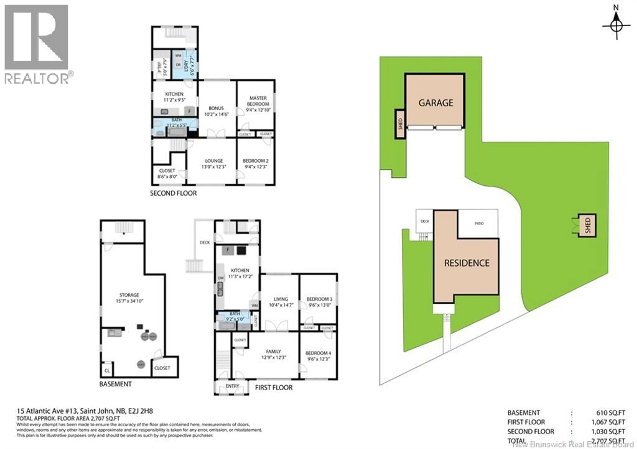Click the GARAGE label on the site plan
click(436, 103)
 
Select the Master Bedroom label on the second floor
click(258, 101)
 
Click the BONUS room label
click(216, 108)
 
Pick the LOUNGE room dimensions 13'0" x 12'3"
click(214, 167)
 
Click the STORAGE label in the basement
click(129, 295)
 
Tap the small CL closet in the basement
click(107, 371)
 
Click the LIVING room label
click(281, 299)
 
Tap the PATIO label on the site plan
click(479, 223)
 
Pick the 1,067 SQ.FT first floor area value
click(608, 422)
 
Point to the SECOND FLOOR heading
click(173, 193)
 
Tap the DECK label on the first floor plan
click(205, 243)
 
